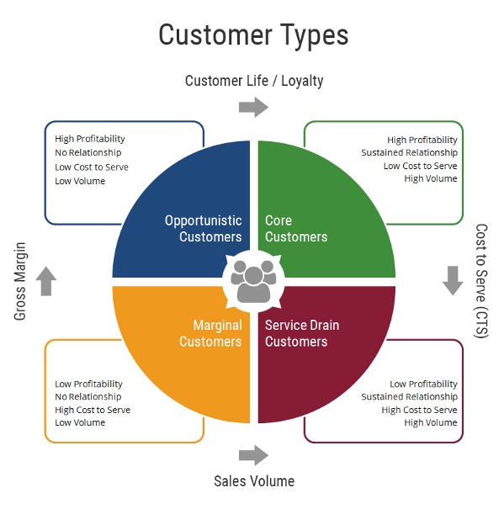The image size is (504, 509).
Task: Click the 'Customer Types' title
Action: pos(253,35)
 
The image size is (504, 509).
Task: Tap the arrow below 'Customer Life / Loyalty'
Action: pos(253,107)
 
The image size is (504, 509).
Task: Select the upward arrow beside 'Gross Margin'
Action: pos(46,281)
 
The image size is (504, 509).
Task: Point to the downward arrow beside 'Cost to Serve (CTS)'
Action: pos(453,280)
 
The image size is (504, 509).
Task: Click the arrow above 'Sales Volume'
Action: pos(253,455)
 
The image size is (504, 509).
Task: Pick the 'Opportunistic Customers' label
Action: pos(204,229)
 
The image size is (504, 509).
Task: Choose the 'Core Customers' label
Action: pos(296,229)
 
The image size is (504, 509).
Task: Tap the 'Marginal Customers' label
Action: pos(210,333)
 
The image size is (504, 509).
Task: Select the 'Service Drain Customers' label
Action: pos(302,333)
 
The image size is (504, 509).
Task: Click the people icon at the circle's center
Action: pos(253,282)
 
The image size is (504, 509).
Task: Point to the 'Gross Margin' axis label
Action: pos(20,281)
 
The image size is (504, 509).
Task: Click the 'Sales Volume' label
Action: pos(254,481)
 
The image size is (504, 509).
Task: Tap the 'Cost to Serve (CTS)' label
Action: pos(481,281)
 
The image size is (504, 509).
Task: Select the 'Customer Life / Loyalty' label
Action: pos(254,81)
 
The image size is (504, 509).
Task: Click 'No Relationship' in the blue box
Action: pos(88,152)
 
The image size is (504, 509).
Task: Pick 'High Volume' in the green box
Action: pos(431,178)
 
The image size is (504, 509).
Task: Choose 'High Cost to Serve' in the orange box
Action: pos(93,410)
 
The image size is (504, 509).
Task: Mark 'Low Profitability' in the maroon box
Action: pos(423,384)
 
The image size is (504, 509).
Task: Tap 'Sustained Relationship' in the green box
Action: pos(409,152)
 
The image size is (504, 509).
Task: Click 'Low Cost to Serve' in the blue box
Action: pos(92,167)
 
